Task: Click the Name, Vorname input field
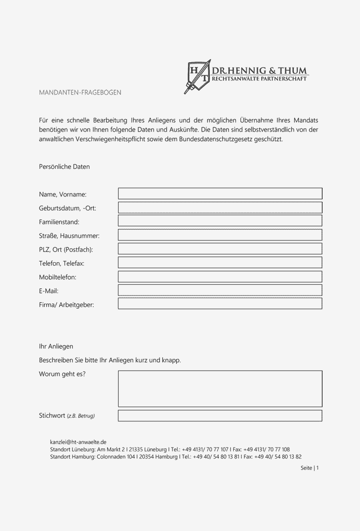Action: point(220,193)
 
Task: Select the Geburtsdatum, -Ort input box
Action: point(220,208)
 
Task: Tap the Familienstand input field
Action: point(220,221)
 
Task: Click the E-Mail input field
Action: point(220,290)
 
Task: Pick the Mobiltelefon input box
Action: point(220,276)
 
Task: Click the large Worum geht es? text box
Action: point(220,389)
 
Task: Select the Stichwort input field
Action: point(220,416)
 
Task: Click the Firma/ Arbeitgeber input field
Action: point(220,304)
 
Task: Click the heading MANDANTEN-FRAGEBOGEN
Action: point(80,92)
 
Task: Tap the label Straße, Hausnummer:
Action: point(69,236)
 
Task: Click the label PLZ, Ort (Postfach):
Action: point(66,249)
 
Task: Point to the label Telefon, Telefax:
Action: point(62,264)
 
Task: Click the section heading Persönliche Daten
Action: point(64,167)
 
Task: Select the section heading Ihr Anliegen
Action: point(56,346)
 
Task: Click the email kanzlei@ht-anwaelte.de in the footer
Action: point(78,442)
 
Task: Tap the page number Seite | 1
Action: point(310,468)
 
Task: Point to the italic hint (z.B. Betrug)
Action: point(81,416)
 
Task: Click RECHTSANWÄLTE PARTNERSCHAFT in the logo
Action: point(260,79)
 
